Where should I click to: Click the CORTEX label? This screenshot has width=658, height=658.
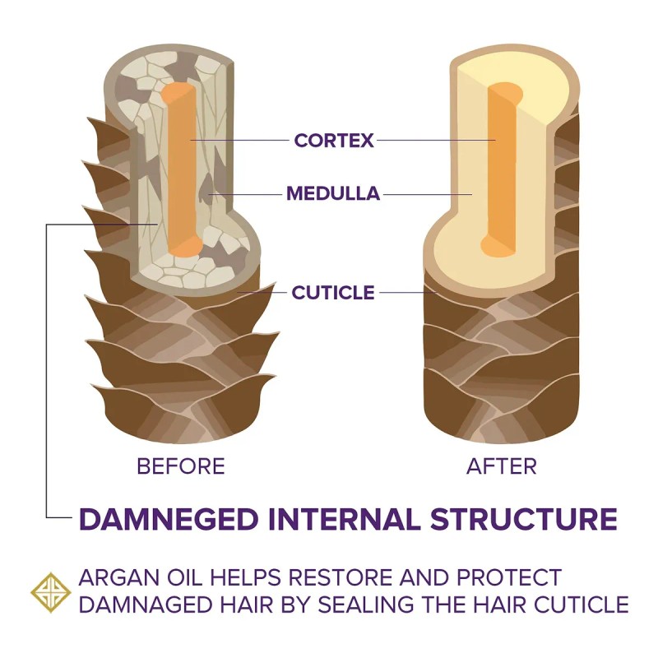334,141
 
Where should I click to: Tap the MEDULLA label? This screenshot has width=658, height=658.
333,194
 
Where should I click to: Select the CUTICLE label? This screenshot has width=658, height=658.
333,292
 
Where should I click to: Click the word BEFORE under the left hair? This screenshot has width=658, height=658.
181,466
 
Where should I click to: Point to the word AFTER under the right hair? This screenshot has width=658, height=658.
501,466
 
